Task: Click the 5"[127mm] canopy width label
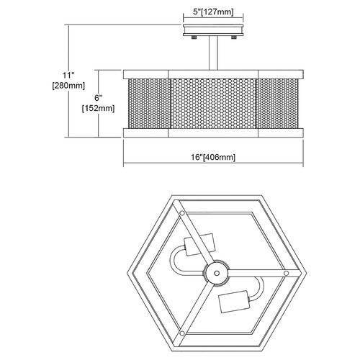point(213,12)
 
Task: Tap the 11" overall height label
point(68,75)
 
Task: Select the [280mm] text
point(68,86)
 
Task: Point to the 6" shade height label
point(98,98)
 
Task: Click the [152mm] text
point(98,108)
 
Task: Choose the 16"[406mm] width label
point(213,157)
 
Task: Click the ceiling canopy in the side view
point(213,30)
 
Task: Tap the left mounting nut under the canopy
point(194,37)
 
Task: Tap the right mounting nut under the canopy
point(233,37)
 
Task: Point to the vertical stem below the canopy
point(213,53)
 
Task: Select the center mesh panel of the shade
point(213,104)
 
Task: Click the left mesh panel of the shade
point(149,104)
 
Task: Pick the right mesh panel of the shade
point(277,104)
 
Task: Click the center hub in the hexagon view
point(217,273)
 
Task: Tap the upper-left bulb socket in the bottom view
point(199,244)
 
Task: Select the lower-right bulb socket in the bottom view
point(234,302)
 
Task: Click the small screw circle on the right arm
point(286,273)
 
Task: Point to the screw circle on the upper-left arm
point(182,213)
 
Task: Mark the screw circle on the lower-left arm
point(182,333)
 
